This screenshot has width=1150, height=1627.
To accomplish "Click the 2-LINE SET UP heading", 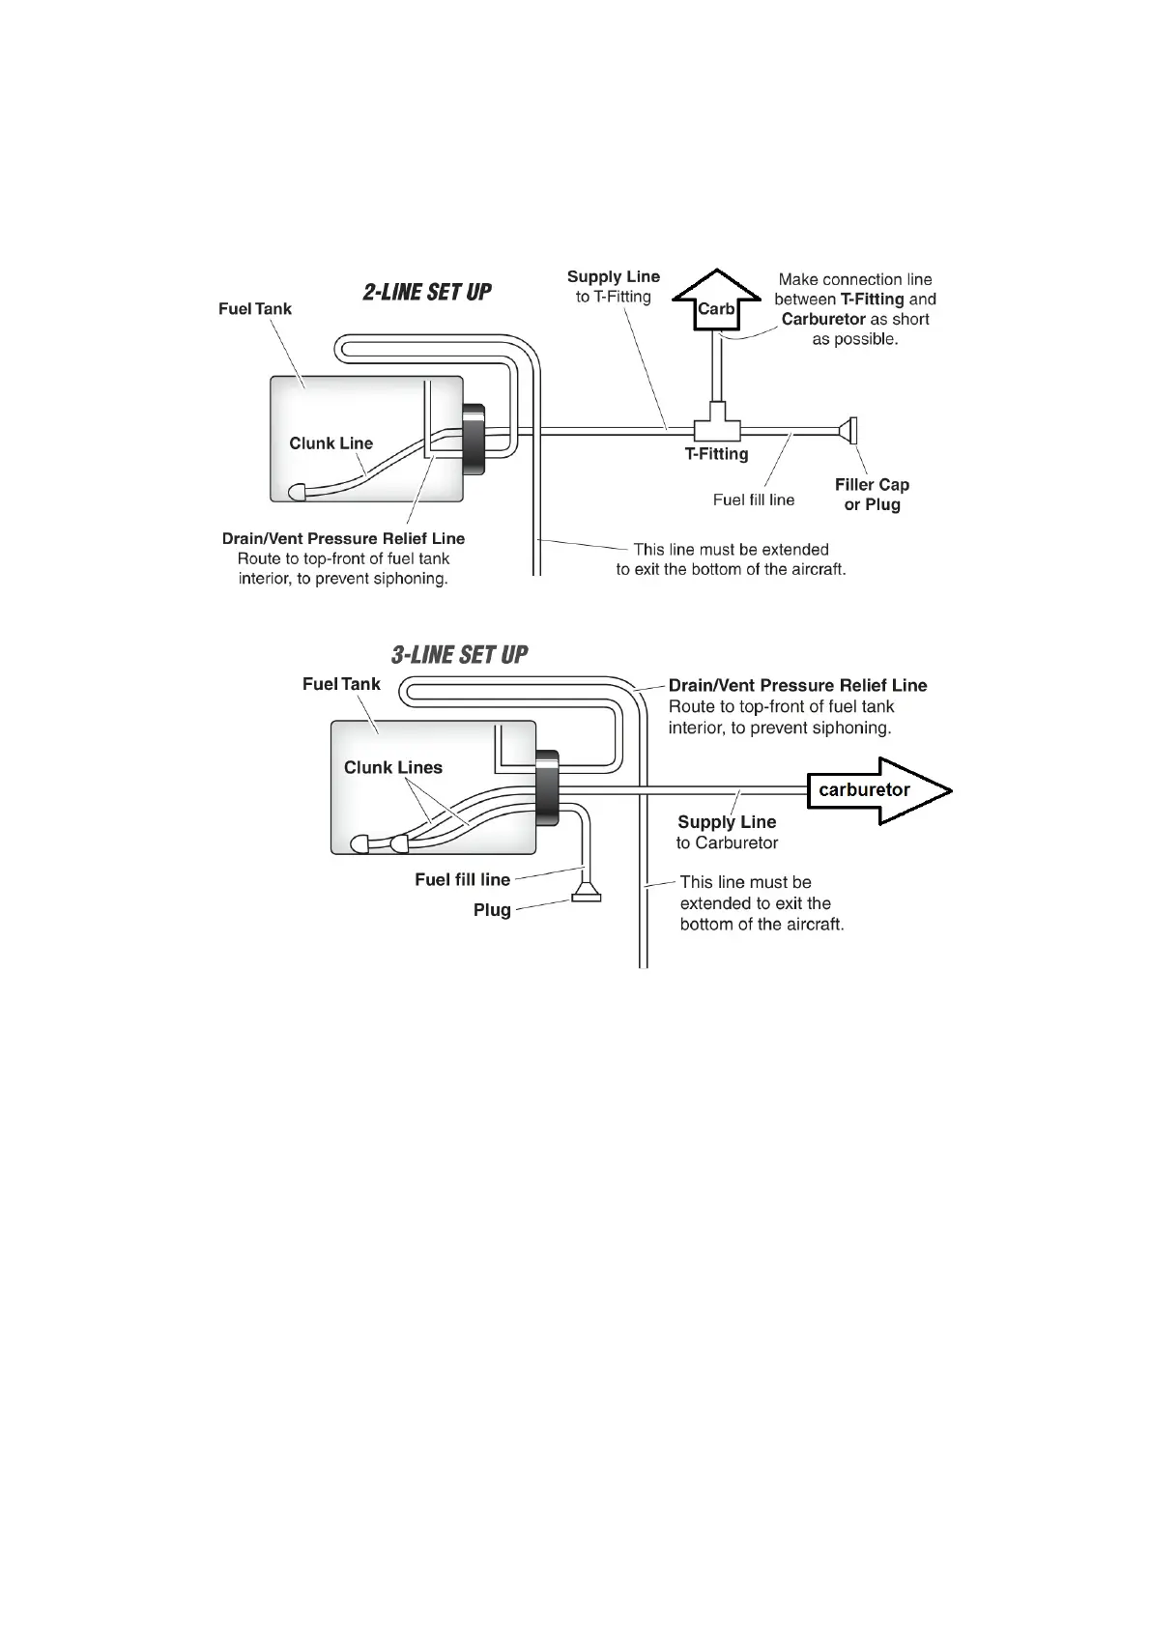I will click(x=427, y=292).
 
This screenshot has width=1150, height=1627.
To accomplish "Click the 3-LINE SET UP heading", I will click(x=459, y=655).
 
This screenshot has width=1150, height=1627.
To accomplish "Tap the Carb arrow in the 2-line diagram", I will click(x=715, y=302).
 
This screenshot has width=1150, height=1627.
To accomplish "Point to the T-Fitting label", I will click(x=716, y=454).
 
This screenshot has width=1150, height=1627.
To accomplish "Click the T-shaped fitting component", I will click(x=717, y=424).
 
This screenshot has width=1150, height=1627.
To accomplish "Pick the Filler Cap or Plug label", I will click(x=872, y=495).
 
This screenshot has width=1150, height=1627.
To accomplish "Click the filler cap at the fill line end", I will click(x=850, y=432).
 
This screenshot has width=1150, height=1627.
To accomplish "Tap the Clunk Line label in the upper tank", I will click(x=331, y=443).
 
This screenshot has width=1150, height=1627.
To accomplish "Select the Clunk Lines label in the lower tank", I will click(x=392, y=767).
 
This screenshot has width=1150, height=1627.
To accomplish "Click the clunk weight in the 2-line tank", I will click(x=298, y=491).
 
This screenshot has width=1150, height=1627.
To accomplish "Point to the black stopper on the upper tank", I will click(x=474, y=438).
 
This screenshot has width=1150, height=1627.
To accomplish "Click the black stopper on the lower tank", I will click(x=547, y=787).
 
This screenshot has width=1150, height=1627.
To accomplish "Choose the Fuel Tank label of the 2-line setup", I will click(x=254, y=309).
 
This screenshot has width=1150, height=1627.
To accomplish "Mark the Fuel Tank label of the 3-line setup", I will click(x=341, y=684).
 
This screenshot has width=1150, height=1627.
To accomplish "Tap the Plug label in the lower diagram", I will click(x=492, y=910).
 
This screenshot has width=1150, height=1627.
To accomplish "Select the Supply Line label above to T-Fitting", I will click(x=614, y=277).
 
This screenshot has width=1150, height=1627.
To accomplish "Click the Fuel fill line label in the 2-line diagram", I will click(x=754, y=500).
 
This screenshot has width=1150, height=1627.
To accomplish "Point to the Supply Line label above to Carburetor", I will click(x=727, y=822).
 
